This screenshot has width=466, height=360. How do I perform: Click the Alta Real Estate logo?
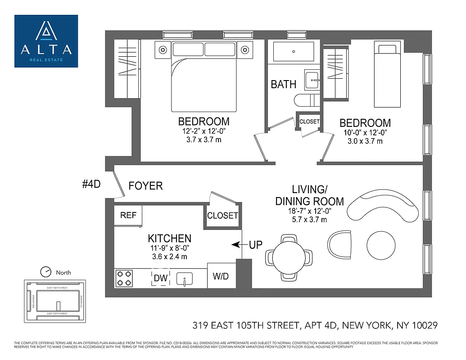coord(46,41)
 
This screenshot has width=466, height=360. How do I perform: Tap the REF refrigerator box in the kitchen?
coord(128,215)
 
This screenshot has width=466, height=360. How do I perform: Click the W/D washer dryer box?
coord(221,276)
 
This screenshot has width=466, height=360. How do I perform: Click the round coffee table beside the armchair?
coord(381,245)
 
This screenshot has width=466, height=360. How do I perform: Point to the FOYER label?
coord(145,186)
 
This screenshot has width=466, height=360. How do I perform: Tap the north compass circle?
coord(46,272)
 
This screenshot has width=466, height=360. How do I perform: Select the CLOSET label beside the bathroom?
coord(309,121)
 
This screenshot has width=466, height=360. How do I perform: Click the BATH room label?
coord(284,84)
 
